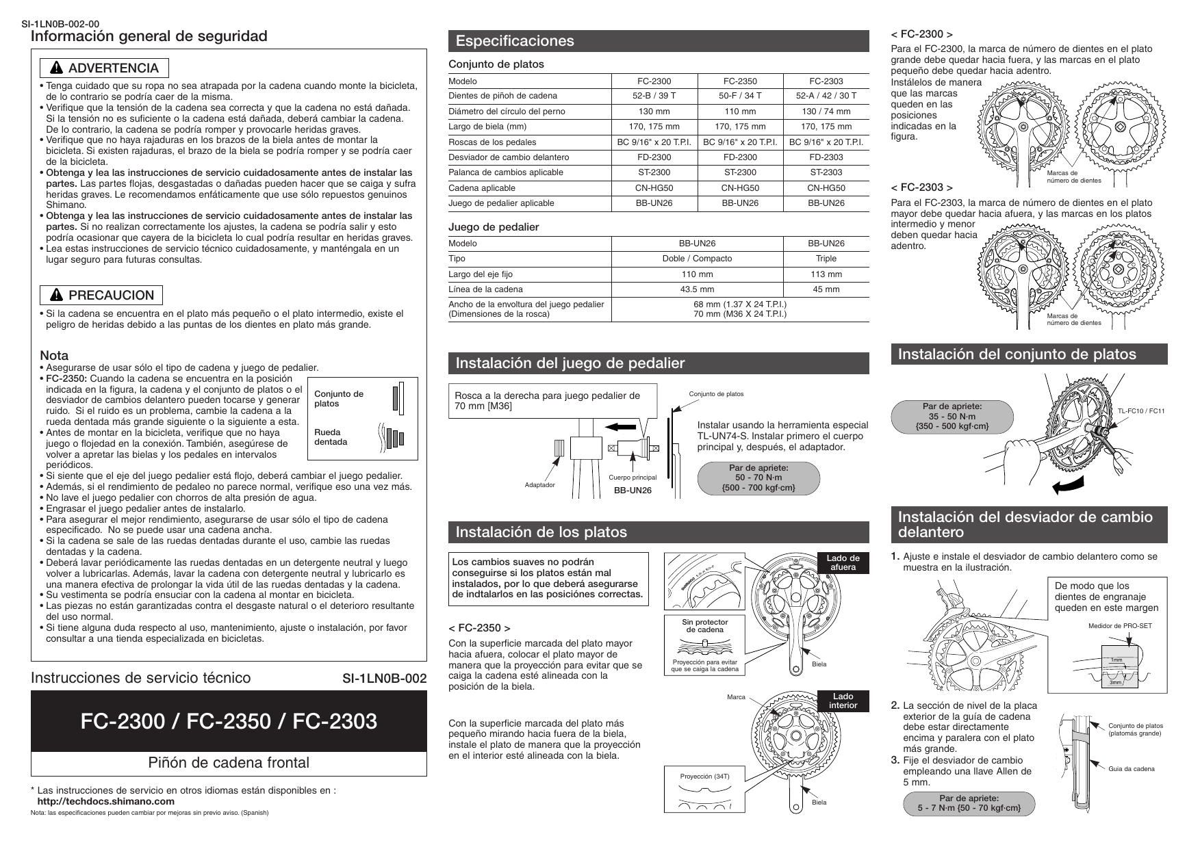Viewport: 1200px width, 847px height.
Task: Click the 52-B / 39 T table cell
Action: click(x=654, y=96)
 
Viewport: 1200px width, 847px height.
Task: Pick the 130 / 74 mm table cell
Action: click(x=826, y=112)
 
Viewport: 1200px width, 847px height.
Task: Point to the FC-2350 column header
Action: click(x=740, y=81)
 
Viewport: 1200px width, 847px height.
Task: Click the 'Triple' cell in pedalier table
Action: click(x=826, y=259)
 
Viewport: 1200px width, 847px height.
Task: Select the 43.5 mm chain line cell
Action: click(x=697, y=289)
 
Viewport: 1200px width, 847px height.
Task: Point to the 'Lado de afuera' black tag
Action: click(x=843, y=563)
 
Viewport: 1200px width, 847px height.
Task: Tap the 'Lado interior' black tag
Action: click(x=843, y=701)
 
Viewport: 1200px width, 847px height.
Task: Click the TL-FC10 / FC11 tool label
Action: click(x=1141, y=411)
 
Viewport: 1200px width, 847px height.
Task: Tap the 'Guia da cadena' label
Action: click(x=1131, y=769)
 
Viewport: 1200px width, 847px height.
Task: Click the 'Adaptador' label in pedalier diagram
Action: click(x=539, y=485)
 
